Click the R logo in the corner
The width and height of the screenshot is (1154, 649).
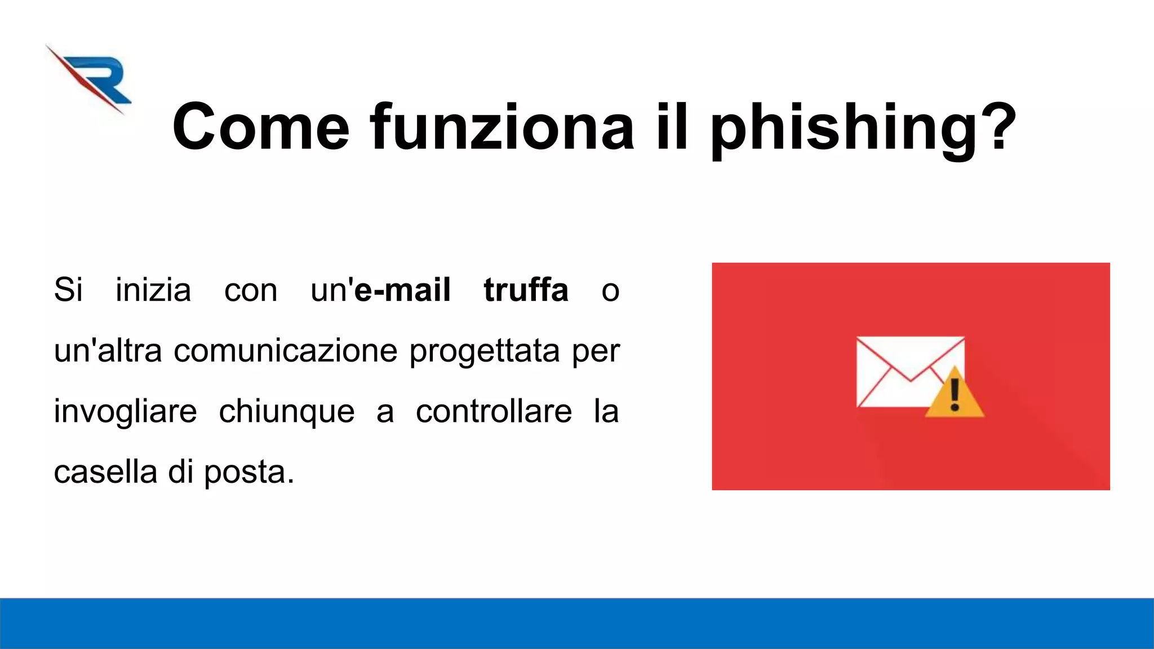click(90, 79)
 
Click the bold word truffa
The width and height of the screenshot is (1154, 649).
click(526, 290)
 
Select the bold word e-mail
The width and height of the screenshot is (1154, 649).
click(402, 290)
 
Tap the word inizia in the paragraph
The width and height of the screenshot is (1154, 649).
click(153, 290)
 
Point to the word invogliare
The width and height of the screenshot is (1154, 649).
click(125, 412)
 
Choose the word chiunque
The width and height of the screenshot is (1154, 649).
click(287, 412)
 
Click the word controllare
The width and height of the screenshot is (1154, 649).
click(494, 411)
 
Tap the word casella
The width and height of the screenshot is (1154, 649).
click(105, 472)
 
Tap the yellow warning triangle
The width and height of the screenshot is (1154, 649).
click(955, 395)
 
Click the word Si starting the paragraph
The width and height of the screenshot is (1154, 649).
click(68, 290)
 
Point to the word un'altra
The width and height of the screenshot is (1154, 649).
click(108, 350)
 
